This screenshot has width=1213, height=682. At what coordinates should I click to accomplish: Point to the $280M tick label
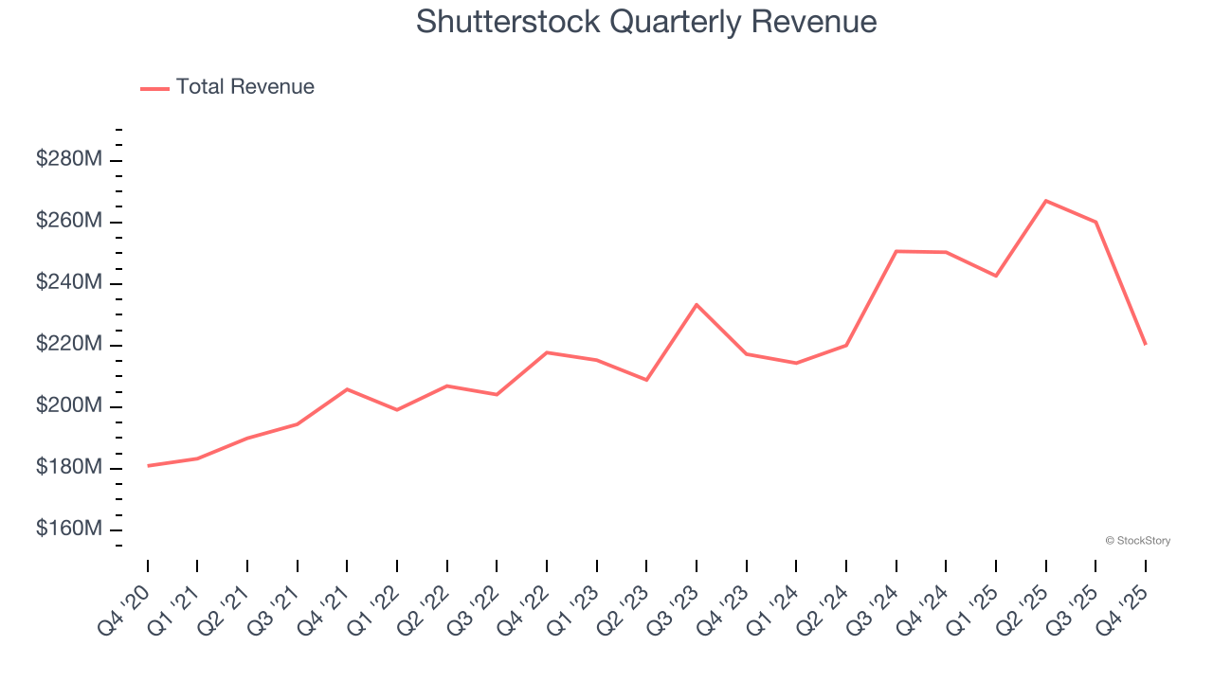[x=69, y=159]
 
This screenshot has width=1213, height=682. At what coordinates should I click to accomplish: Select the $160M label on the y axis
[x=69, y=529]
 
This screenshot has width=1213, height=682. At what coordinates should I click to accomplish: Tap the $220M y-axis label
[x=69, y=344]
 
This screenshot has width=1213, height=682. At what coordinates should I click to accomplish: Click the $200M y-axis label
[x=69, y=405]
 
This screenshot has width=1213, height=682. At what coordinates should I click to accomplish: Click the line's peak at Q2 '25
[x=1045, y=201]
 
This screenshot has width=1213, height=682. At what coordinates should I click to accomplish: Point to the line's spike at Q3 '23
[x=697, y=304]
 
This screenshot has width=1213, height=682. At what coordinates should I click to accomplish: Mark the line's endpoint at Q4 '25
[x=1145, y=344]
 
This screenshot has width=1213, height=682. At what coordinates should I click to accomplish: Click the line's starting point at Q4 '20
[x=148, y=466]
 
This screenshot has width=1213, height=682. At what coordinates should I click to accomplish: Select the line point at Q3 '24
[x=896, y=251]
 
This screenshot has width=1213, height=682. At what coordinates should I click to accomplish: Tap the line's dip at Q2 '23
[x=646, y=380]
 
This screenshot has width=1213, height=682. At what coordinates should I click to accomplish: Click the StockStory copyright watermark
[x=1137, y=541]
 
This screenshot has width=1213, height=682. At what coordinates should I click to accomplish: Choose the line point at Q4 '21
[x=347, y=389]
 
